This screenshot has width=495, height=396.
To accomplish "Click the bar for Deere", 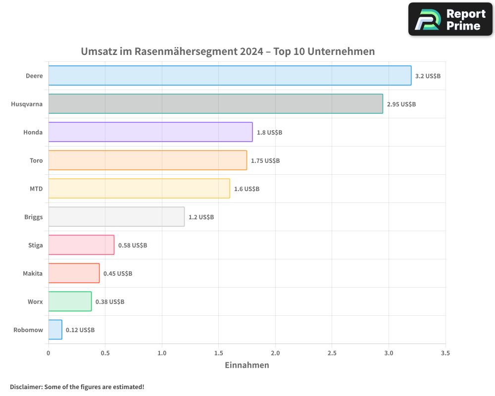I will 230,76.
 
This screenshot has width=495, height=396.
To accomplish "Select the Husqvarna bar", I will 215,104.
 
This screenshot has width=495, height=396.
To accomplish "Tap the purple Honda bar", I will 150,132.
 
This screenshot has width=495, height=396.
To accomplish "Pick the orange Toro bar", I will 148,160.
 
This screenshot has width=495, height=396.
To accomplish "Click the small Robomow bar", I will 55,330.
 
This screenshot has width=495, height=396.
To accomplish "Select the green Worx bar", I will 70,301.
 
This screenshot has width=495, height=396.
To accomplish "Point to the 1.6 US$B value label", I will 247,189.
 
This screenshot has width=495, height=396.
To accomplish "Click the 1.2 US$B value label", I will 201,217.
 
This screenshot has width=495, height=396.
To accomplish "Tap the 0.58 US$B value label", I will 133,246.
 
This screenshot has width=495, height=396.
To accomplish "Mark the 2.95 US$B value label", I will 401,104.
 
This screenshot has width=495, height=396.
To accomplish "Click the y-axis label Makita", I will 33,274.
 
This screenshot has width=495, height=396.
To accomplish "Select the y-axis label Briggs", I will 33,217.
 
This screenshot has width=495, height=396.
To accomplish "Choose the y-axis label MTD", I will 36,189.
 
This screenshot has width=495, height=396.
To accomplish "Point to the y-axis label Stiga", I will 36,246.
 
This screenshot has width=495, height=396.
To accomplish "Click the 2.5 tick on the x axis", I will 332,353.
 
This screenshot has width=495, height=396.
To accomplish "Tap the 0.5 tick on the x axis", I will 105,353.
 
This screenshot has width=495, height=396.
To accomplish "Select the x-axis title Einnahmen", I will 247,365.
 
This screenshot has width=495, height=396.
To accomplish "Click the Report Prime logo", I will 450,19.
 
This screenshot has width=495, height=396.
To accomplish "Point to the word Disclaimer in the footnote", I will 26,387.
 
